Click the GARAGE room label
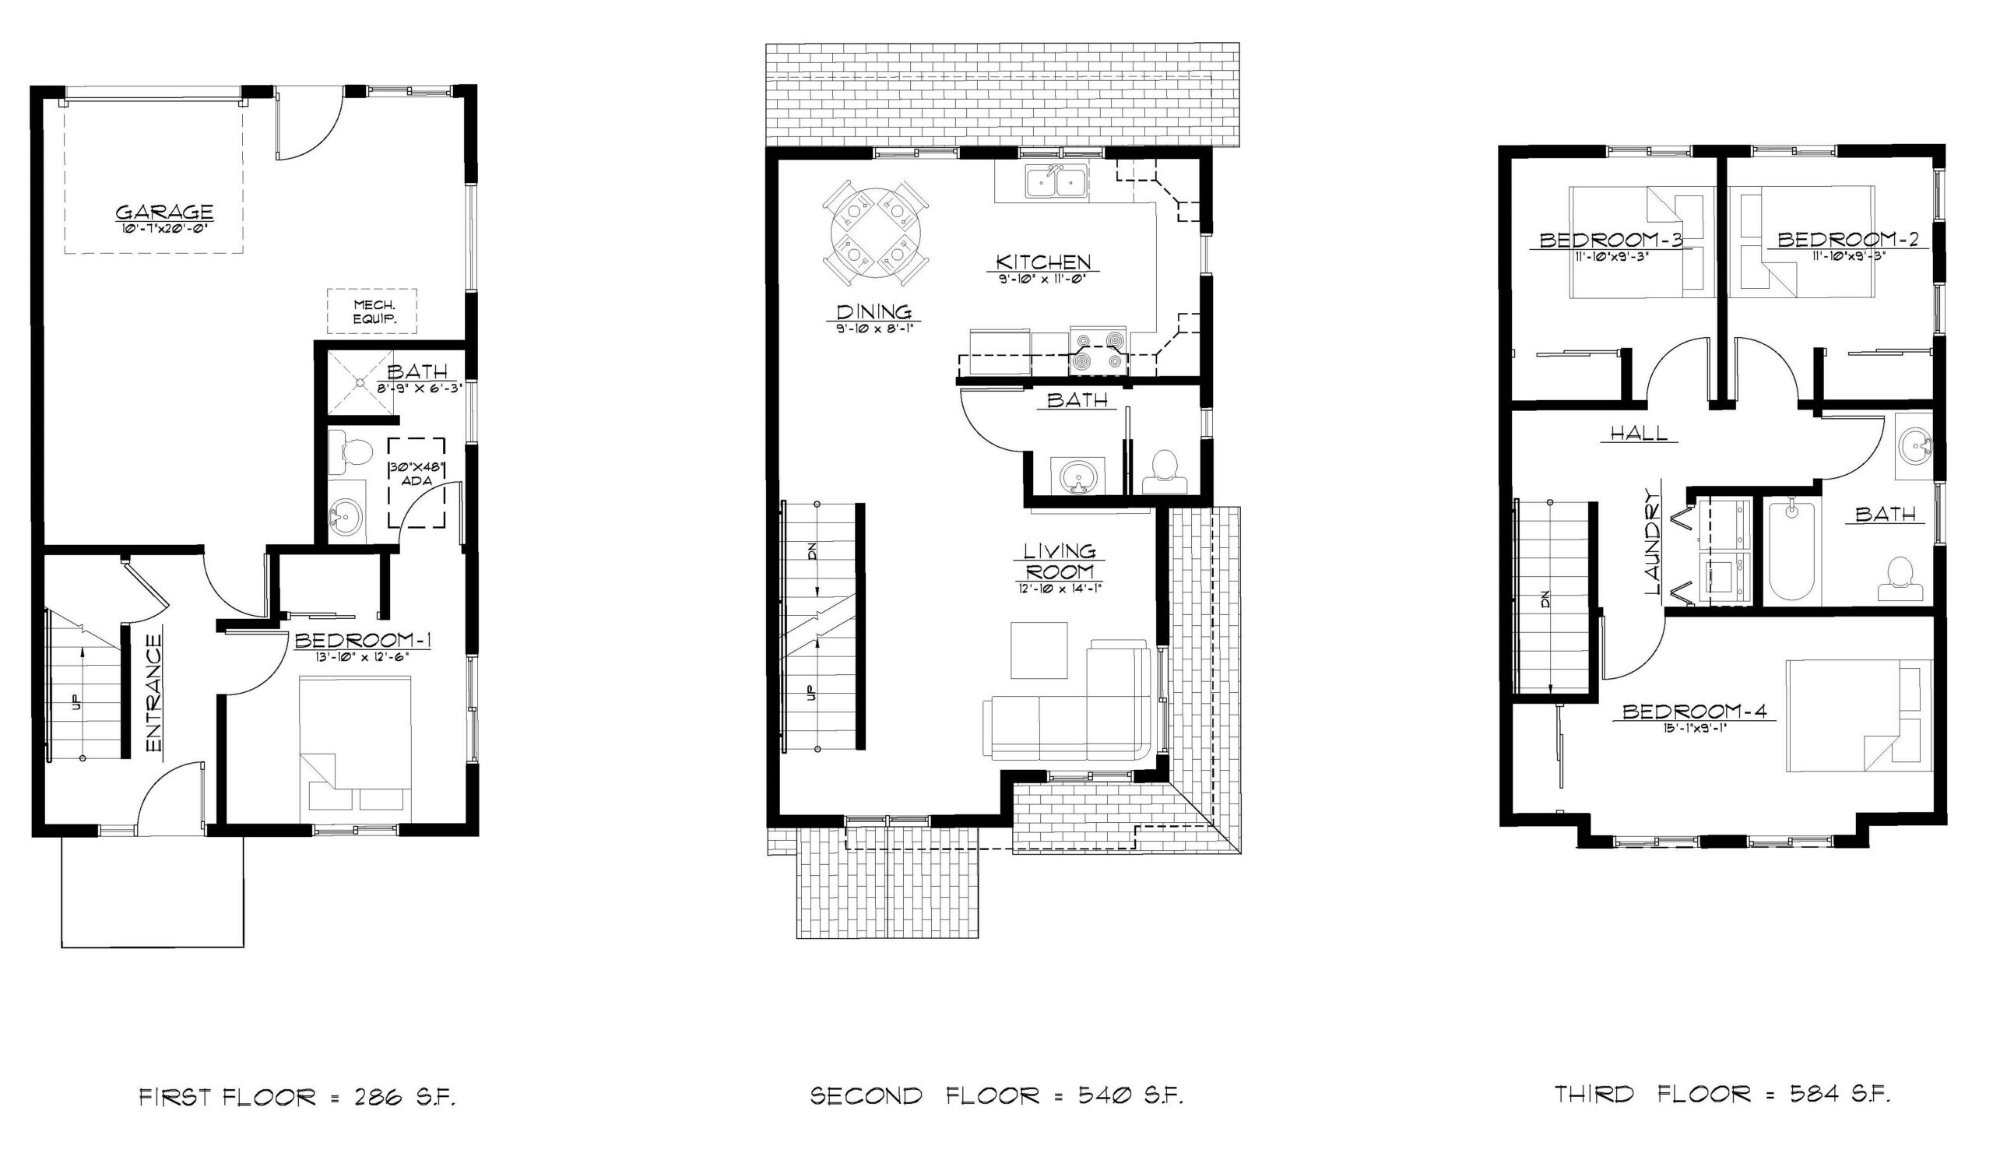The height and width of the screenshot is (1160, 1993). tap(164, 212)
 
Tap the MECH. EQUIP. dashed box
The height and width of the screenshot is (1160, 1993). tap(372, 311)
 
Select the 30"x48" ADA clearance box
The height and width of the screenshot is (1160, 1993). tap(417, 483)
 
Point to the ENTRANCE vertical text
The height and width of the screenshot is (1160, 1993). tap(154, 693)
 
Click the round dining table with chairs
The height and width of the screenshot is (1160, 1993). tap(876, 232)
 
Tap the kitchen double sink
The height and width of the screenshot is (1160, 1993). tap(1056, 183)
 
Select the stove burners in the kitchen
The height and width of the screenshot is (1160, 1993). tap(1098, 350)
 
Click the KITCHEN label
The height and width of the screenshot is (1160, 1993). tap(1042, 262)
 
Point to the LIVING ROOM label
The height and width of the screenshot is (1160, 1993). tap(1059, 561)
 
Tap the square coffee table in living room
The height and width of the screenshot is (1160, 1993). tap(1039, 650)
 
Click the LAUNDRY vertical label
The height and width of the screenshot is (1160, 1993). tap(1653, 542)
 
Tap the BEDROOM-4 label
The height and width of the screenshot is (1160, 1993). tap(1692, 712)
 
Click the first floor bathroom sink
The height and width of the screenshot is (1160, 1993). tap(346, 517)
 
